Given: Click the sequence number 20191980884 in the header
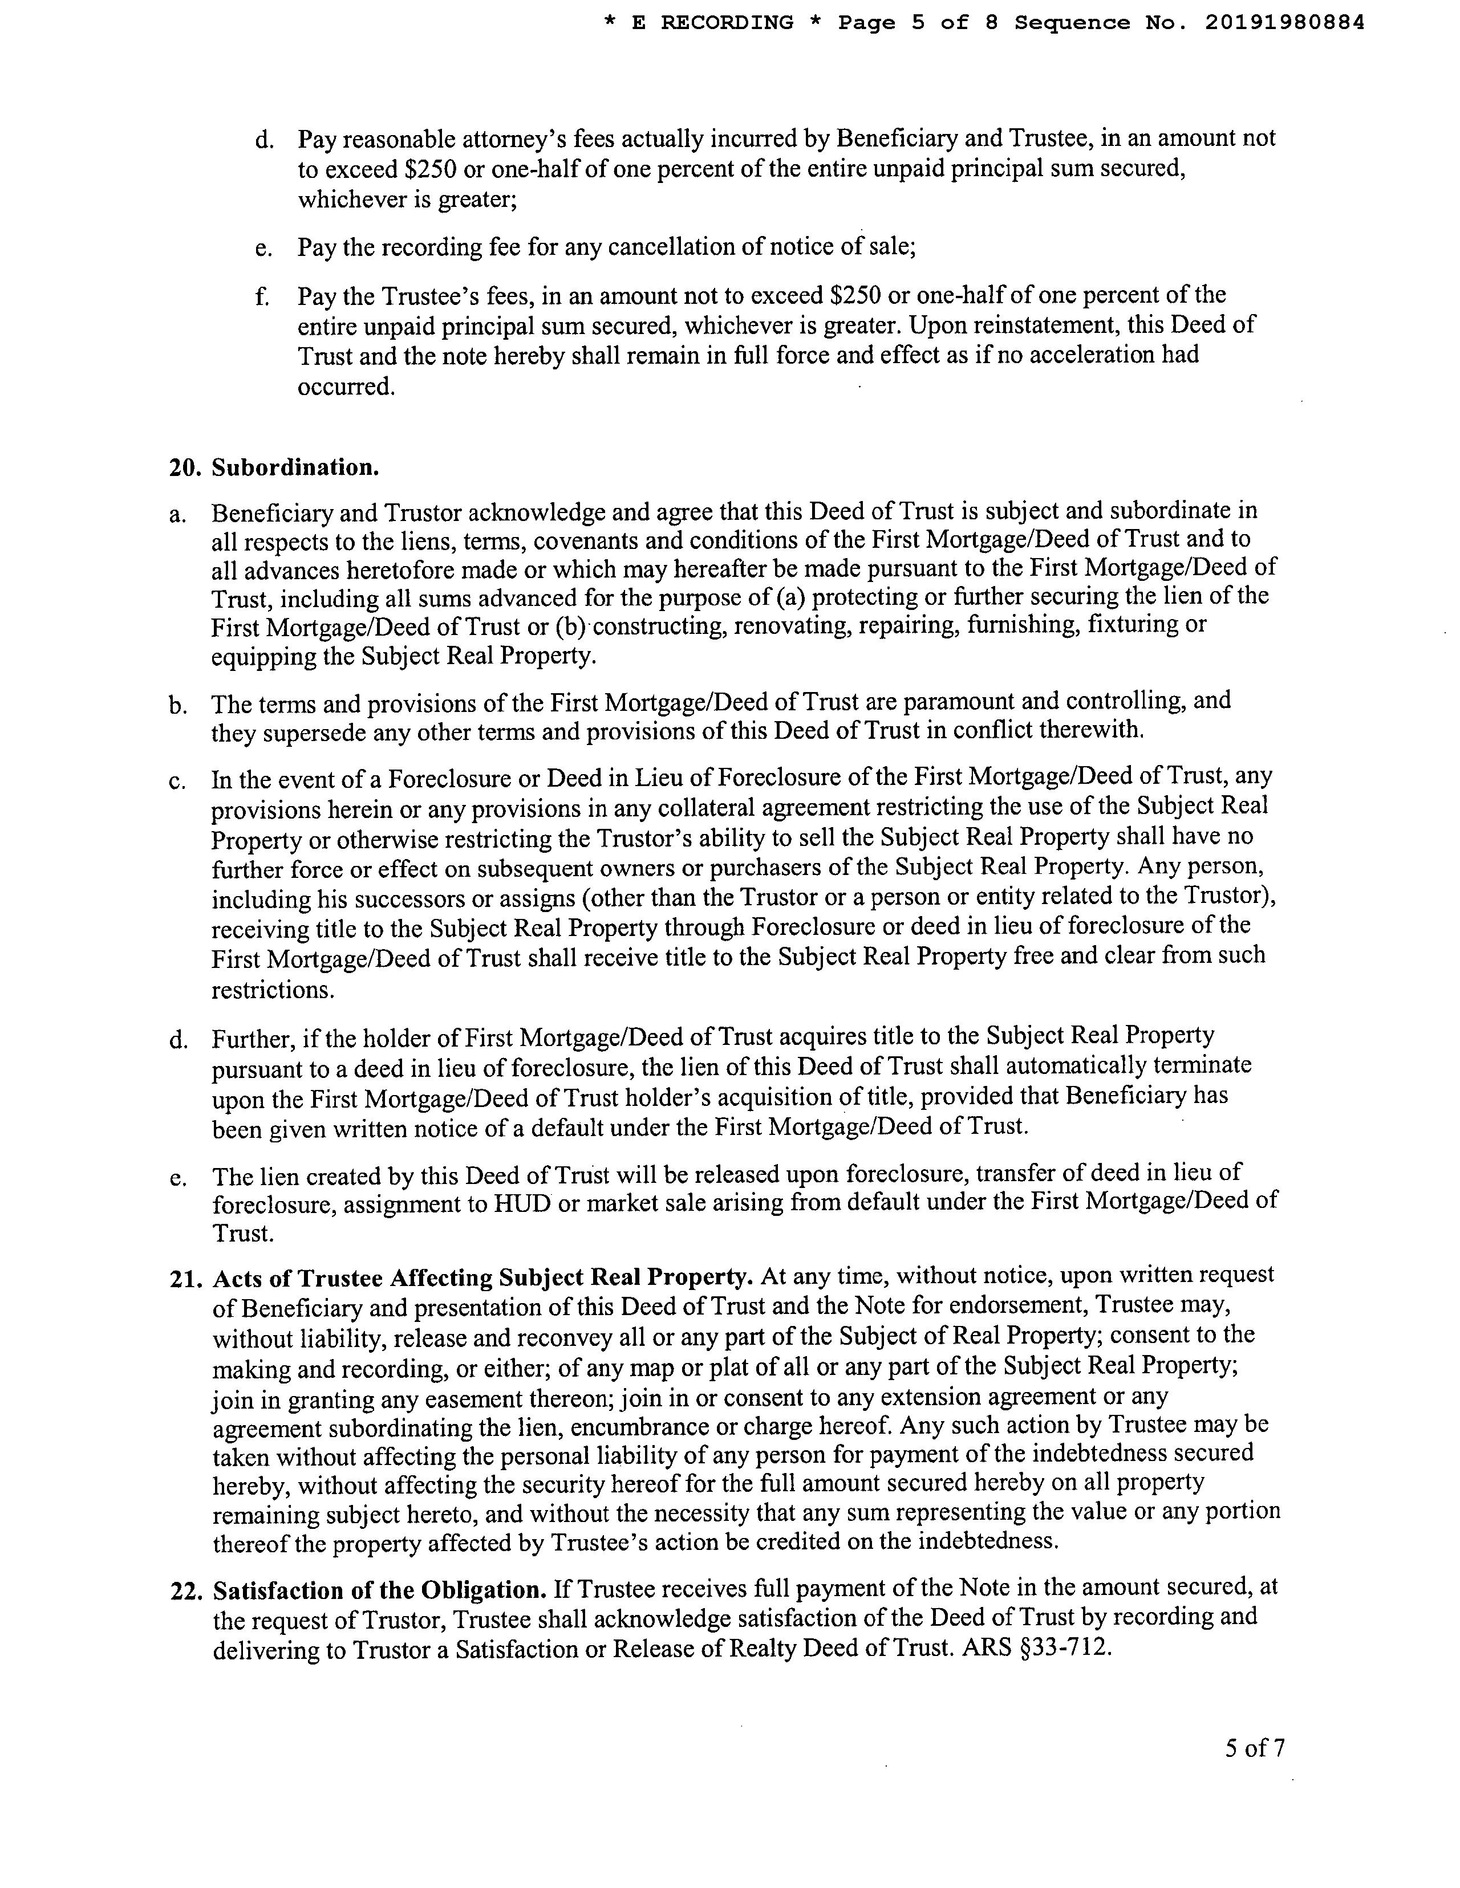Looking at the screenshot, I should (1284, 22).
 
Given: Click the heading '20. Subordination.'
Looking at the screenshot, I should (274, 467).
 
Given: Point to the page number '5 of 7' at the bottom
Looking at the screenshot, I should (1254, 1748).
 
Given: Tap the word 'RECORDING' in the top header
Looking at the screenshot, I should (727, 22).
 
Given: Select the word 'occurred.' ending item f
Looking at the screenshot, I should (346, 386).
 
